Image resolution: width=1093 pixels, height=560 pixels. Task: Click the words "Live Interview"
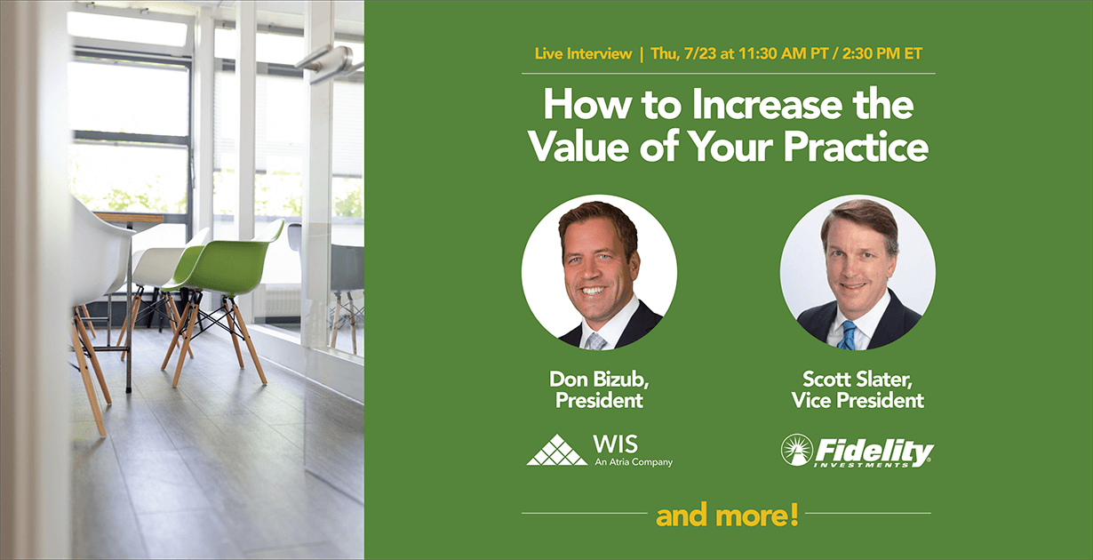pos(583,53)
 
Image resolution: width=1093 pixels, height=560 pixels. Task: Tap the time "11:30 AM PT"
pos(783,53)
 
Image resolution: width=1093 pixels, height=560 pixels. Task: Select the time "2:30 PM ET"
pos(882,53)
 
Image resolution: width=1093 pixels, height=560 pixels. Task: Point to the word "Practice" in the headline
pos(856,147)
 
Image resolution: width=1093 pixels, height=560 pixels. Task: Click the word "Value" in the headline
pos(578,147)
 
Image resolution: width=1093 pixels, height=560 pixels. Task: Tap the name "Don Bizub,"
pos(599,380)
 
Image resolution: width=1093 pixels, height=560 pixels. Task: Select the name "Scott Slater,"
pos(858,380)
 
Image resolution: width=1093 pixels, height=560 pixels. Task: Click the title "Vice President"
pos(858,400)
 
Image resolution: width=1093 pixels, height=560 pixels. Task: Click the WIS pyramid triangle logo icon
pos(557,450)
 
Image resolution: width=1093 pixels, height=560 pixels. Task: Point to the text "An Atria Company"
pos(634,462)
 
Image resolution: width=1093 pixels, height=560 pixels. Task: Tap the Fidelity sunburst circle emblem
pos(797,450)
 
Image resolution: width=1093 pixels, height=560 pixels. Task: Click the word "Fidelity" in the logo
pos(874,451)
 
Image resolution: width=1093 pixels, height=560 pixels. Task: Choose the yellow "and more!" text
pos(727,515)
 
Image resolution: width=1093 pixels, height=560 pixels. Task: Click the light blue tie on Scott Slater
pos(849,335)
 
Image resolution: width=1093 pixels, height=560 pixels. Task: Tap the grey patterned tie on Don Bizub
pos(596,341)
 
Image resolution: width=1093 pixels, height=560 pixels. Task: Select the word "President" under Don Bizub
pos(599,400)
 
